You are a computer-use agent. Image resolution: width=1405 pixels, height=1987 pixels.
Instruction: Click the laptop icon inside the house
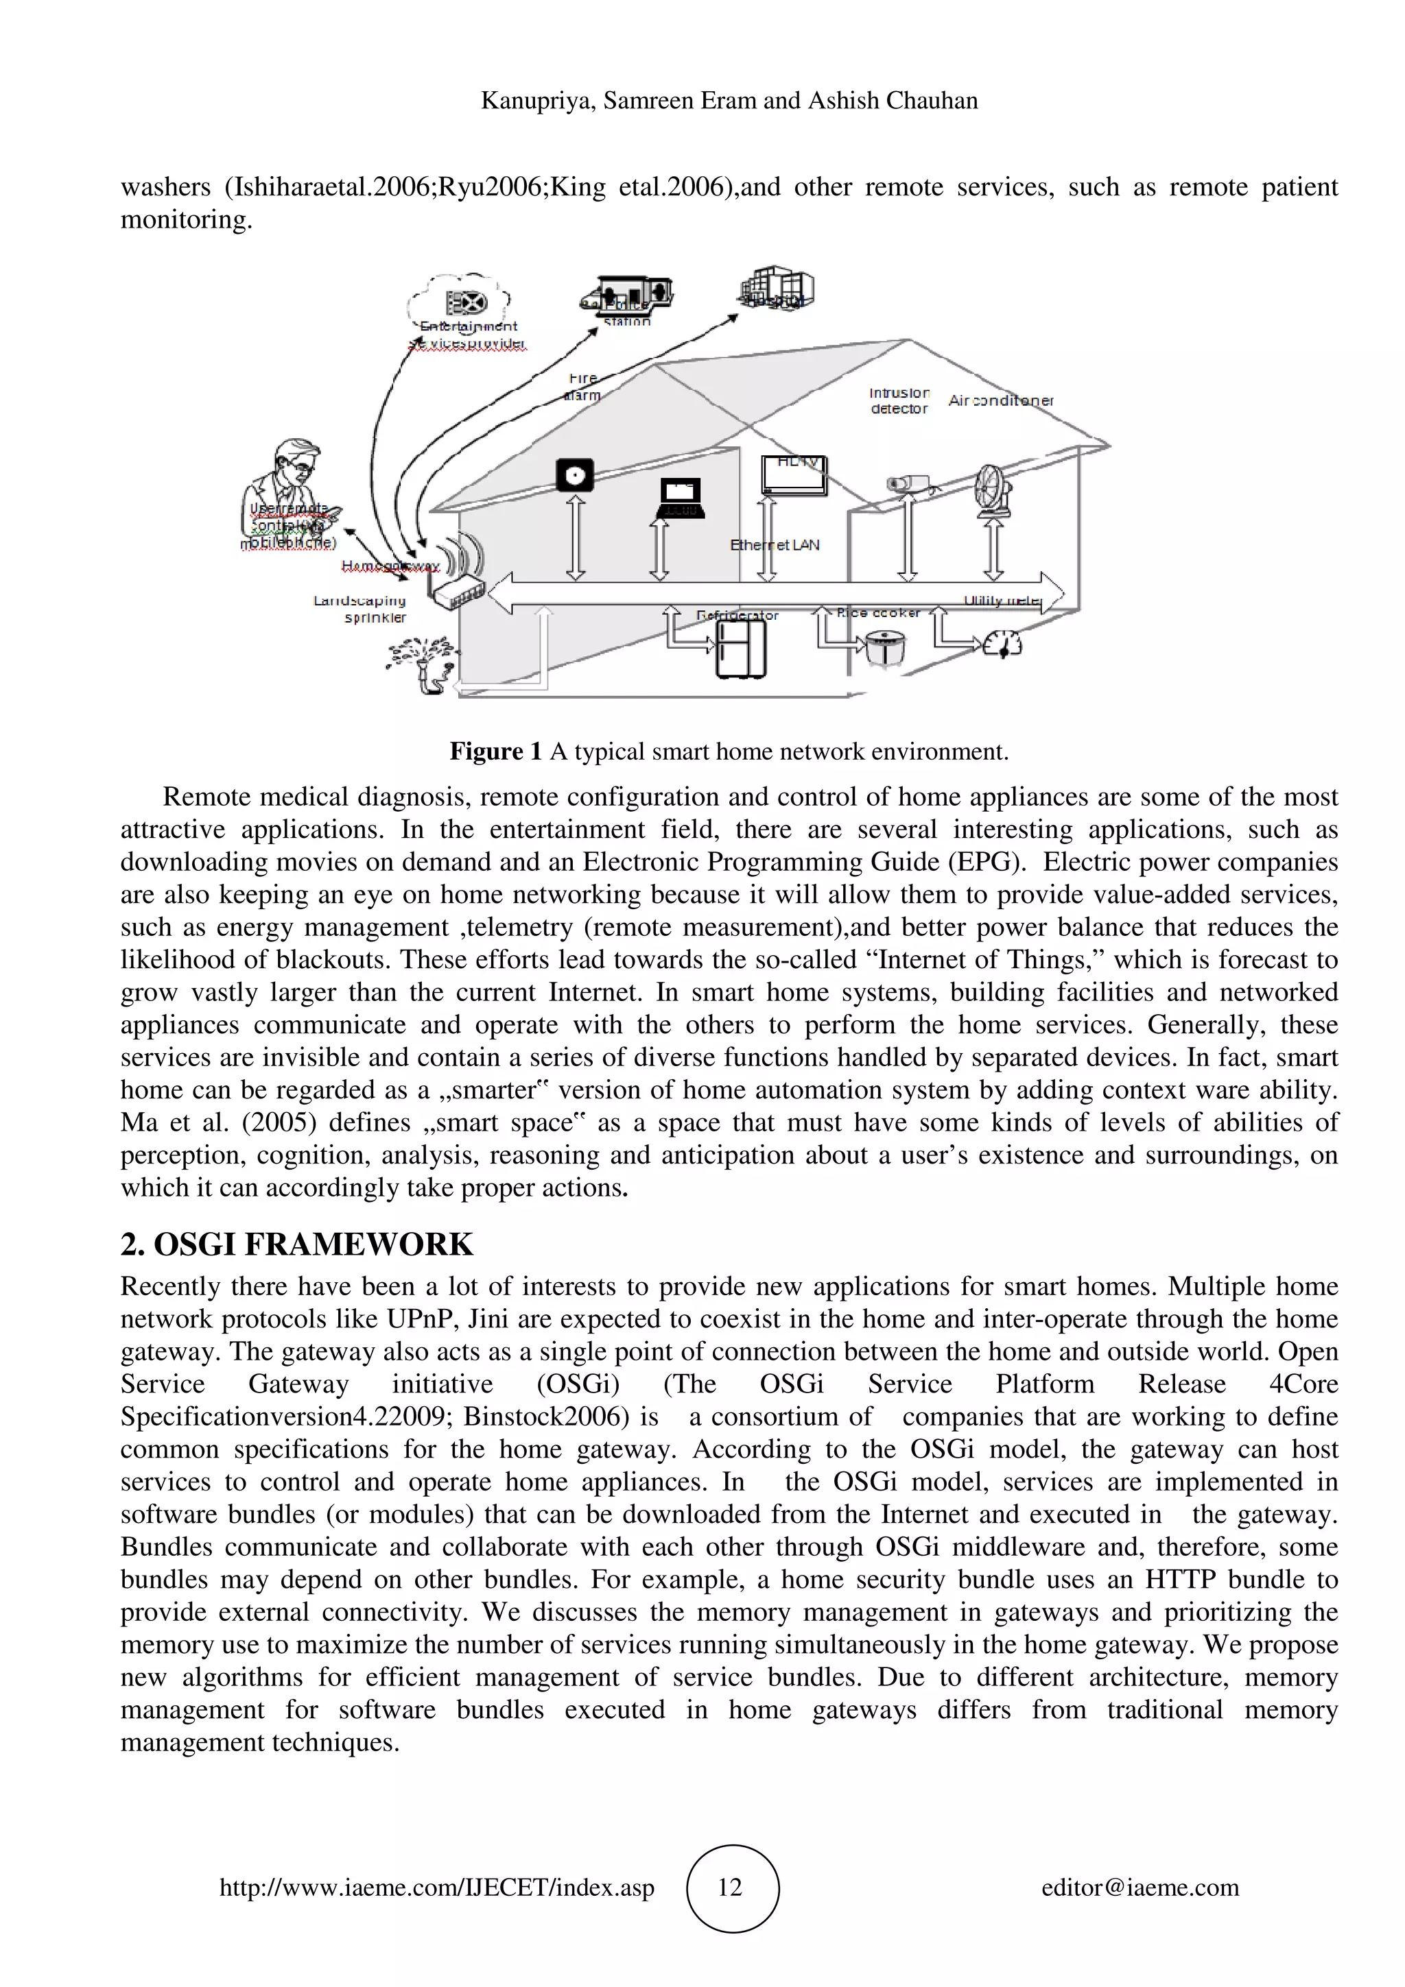tap(680, 498)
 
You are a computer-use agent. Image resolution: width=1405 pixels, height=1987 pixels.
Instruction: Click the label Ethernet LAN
tap(774, 545)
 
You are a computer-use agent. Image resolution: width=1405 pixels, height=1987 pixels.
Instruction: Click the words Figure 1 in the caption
tap(495, 751)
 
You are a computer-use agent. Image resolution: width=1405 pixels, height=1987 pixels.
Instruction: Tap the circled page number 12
tap(731, 1888)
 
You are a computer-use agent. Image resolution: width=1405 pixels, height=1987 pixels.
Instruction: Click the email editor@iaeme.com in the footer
tap(1140, 1888)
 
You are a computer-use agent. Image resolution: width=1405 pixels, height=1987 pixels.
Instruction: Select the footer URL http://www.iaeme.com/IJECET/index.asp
tap(436, 1888)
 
